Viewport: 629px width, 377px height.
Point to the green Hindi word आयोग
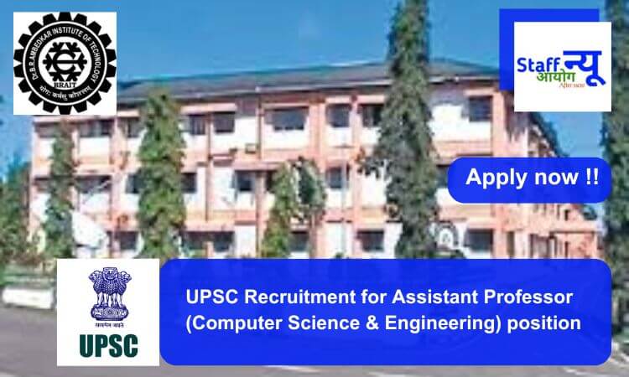(x=533, y=80)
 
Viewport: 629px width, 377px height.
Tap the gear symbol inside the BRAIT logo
(x=65, y=63)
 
